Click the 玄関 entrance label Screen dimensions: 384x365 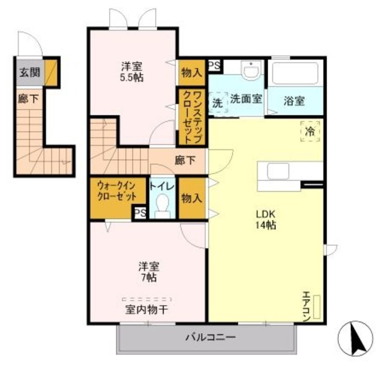pos(29,73)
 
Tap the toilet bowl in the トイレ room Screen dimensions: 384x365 pos(163,206)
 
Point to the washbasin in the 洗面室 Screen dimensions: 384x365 pos(250,70)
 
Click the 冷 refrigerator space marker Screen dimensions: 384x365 pos(310,131)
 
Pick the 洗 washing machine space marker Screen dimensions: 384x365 pos(218,103)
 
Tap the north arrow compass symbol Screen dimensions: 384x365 pos(355,339)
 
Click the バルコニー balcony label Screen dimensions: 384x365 pos(211,337)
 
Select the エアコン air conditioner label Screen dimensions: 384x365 pos(307,306)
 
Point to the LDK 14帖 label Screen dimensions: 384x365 pos(266,219)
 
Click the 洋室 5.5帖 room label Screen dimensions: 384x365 pos(131,72)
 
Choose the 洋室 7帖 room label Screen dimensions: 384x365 pos(149,272)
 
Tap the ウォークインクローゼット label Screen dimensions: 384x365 pos(116,191)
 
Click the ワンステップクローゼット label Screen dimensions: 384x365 pos(192,117)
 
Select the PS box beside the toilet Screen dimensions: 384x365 pos(140,213)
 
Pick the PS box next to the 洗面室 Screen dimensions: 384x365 pos(214,65)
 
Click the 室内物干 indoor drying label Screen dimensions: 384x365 pos(146,310)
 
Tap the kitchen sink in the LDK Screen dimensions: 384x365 pos(278,171)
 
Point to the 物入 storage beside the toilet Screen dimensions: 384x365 pos(192,198)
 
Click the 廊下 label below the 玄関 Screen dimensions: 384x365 pos(28,99)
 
